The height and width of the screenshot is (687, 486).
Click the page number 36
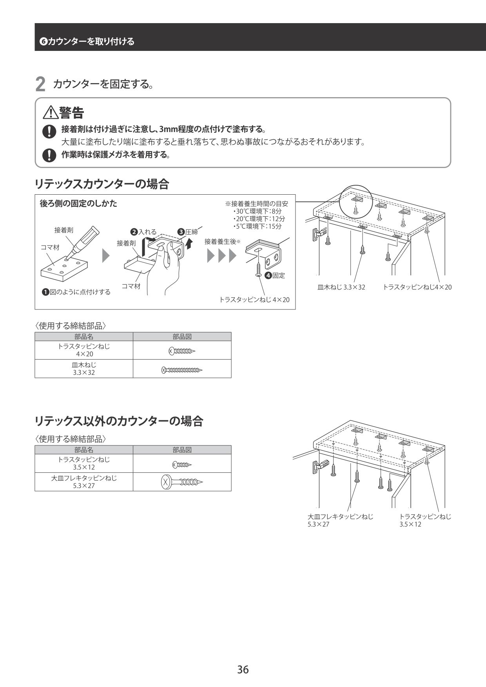point(243,669)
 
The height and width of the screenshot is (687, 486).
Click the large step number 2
point(40,85)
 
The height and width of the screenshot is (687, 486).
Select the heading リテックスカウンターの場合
point(102,184)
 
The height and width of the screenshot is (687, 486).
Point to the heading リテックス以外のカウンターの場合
point(119,421)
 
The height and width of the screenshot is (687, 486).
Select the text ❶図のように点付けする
point(76,292)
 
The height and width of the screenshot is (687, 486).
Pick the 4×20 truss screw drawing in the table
point(182,351)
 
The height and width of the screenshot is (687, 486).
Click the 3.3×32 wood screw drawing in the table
point(182,369)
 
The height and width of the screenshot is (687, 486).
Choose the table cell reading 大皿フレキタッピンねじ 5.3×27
point(84,482)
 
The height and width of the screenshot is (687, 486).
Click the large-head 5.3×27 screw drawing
point(182,482)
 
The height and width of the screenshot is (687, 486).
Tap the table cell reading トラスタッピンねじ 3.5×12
point(84,463)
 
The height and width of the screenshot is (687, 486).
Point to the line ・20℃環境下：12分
point(259,219)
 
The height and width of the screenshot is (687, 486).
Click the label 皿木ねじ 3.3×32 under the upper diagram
point(341,287)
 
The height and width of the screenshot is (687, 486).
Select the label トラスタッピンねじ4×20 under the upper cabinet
point(417,287)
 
